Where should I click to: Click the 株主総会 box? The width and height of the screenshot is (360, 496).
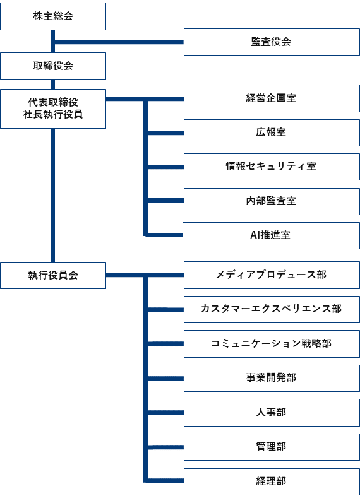click(53, 16)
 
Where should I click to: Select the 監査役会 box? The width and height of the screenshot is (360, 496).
click(272, 42)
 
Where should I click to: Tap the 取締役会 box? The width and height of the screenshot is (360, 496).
click(53, 66)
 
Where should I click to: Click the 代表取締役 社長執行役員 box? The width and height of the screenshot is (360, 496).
click(53, 109)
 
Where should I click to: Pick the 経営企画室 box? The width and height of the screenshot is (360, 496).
click(272, 98)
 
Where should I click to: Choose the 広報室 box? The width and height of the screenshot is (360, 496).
click(272, 133)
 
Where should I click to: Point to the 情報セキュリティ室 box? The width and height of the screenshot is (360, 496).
click(272, 167)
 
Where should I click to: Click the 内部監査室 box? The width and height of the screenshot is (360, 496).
click(272, 201)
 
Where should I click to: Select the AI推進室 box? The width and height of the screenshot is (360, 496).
click(271, 235)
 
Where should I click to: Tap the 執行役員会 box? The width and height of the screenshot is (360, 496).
click(53, 275)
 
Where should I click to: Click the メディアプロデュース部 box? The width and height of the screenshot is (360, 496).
click(272, 275)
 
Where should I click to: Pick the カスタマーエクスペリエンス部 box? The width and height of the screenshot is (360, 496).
click(272, 309)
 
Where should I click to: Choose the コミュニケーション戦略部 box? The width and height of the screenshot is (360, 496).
click(272, 344)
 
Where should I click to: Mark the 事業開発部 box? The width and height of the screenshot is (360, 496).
click(272, 379)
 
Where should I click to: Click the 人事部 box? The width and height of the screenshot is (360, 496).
click(272, 413)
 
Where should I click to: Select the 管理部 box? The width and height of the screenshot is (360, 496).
click(272, 447)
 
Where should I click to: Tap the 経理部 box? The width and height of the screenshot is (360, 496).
click(272, 481)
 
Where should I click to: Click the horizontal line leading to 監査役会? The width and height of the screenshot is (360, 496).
click(119, 42)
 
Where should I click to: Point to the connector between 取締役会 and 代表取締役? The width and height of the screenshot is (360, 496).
click(53, 84)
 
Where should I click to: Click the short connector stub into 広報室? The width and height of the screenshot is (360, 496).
click(166, 133)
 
